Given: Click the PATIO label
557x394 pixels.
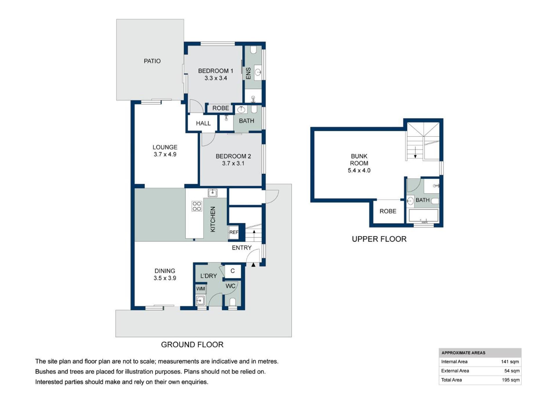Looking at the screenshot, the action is pyautogui.click(x=152, y=61).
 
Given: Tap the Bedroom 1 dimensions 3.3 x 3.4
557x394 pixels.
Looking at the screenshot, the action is pyautogui.click(x=216, y=78).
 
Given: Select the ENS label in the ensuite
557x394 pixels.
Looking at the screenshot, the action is pyautogui.click(x=248, y=73).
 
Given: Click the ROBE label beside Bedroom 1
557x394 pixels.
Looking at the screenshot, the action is pyautogui.click(x=220, y=108).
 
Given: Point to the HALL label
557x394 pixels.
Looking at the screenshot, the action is pyautogui.click(x=203, y=123).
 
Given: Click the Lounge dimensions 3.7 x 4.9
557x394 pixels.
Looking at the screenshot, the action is pyautogui.click(x=165, y=154).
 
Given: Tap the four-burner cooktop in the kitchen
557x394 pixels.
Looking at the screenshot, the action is pyautogui.click(x=197, y=206).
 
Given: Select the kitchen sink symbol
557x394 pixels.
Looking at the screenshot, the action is pyautogui.click(x=212, y=193).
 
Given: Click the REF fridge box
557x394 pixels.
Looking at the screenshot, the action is pyautogui.click(x=234, y=232).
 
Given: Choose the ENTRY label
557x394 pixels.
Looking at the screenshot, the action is pyautogui.click(x=242, y=248).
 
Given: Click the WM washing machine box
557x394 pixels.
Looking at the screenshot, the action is pyautogui.click(x=200, y=289).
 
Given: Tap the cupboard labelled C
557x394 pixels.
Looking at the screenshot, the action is pyautogui.click(x=233, y=271).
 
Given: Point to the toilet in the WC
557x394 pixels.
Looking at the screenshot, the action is pyautogui.click(x=233, y=302).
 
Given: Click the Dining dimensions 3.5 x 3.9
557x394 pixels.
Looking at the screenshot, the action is pyautogui.click(x=165, y=278).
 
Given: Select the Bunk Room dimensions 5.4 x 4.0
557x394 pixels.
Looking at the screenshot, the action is pyautogui.click(x=359, y=171).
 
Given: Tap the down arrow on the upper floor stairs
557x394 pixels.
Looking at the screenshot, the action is pyautogui.click(x=415, y=153).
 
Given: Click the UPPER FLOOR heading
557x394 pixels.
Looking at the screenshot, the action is pyautogui.click(x=379, y=239).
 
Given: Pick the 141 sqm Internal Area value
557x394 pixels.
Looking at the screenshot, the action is pyautogui.click(x=510, y=362).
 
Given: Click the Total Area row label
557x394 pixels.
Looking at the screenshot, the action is pyautogui.click(x=451, y=380).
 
